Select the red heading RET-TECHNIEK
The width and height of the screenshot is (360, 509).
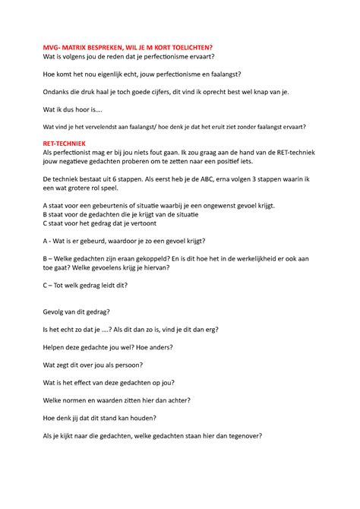click(x=65, y=143)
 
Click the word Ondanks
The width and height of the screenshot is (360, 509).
click(x=58, y=91)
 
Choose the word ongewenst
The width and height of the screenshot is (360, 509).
click(x=240, y=205)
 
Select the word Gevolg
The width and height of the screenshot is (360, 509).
click(x=55, y=311)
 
